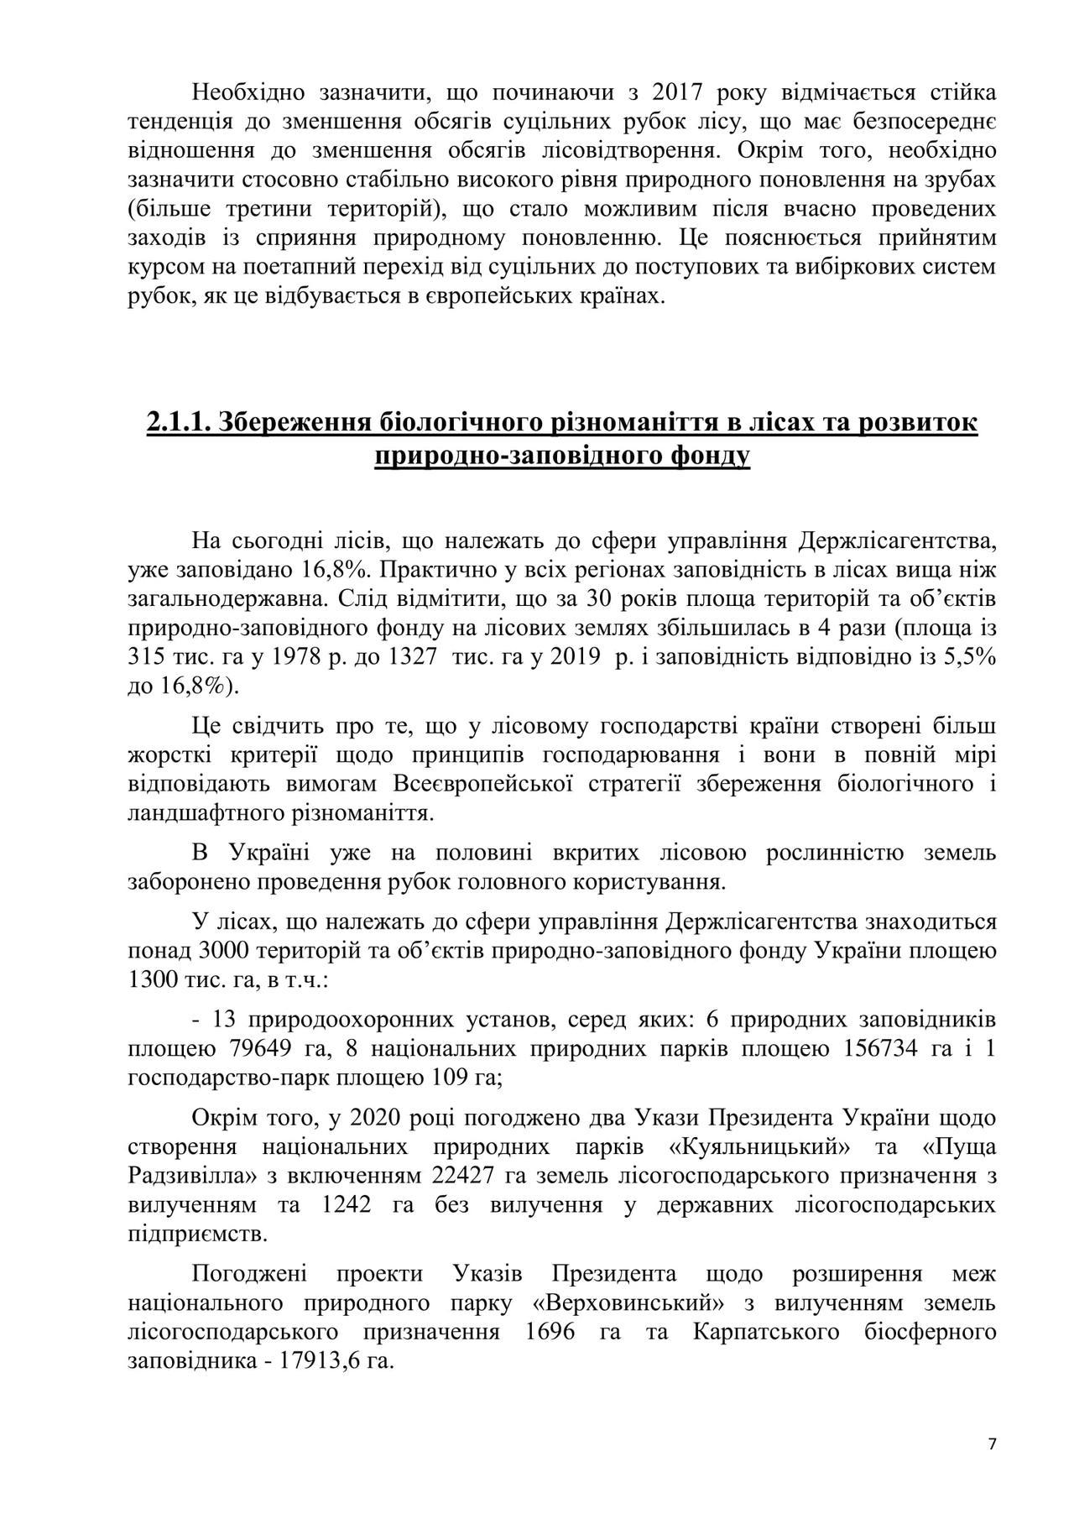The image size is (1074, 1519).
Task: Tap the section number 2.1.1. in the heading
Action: click(179, 422)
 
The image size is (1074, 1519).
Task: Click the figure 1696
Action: click(548, 1332)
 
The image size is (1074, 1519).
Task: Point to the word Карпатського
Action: click(767, 1332)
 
